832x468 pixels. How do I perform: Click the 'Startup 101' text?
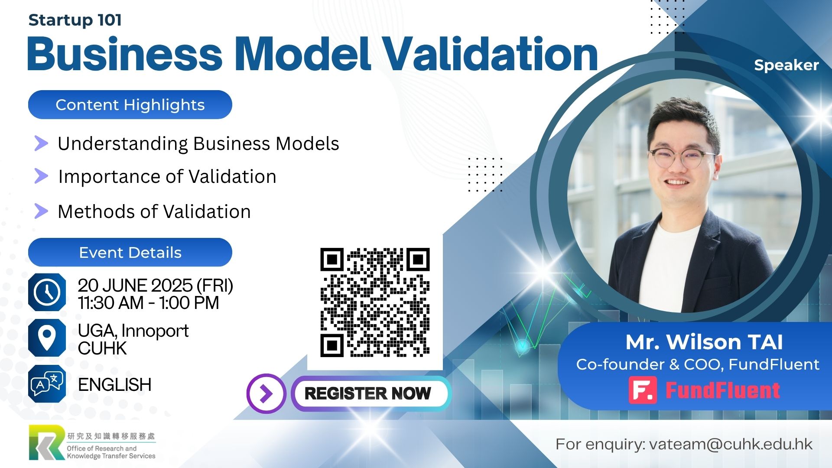(75, 20)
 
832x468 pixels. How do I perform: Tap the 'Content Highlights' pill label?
(130, 105)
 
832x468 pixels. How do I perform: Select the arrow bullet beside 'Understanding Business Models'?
(41, 143)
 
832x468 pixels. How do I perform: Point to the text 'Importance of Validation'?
(167, 177)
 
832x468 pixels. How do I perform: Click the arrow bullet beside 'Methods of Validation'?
(41, 211)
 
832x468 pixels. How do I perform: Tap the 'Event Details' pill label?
(130, 252)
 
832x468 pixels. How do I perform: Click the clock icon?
(47, 292)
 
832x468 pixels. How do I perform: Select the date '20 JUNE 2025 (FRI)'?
(156, 286)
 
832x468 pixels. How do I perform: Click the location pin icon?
(47, 338)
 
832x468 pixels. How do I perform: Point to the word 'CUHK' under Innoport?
(102, 348)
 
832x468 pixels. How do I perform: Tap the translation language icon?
(47, 383)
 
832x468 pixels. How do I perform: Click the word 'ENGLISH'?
(115, 385)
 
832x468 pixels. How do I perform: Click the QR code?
(375, 302)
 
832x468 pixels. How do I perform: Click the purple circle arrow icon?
(266, 393)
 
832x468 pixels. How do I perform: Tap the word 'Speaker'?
(786, 65)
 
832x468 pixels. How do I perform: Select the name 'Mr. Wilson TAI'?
(704, 342)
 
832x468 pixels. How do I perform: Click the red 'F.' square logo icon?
(643, 390)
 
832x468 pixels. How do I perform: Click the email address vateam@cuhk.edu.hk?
(731, 444)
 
